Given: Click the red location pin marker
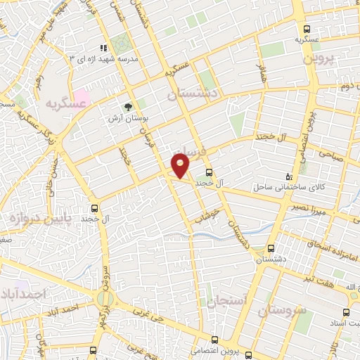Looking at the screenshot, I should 181,165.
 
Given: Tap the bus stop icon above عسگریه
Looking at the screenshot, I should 307,29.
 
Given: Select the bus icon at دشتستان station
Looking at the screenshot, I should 271,248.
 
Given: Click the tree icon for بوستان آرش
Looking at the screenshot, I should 128,107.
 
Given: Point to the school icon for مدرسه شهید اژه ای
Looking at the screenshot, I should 104,48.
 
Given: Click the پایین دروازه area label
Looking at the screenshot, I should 25,219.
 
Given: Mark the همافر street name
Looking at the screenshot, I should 262,71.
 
